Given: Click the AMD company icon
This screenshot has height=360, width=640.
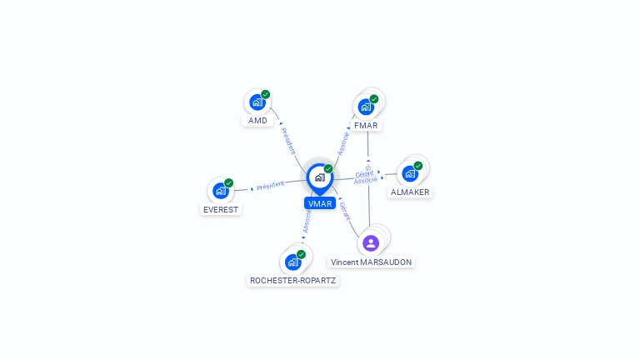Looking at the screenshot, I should tap(257, 102).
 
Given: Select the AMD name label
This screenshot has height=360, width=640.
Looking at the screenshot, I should tap(258, 121).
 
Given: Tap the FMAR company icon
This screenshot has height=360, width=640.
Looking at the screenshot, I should tap(366, 107).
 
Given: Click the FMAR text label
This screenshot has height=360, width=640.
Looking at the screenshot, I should tap(366, 126).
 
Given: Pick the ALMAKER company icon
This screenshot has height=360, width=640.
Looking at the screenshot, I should tap(410, 173).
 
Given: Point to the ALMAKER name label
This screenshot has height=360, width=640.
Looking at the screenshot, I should tap(410, 192).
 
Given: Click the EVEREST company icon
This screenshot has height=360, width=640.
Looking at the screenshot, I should tap(221, 191).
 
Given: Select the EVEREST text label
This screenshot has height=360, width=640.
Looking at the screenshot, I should tap(222, 210).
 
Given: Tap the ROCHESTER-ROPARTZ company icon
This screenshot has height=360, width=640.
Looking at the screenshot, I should tap(293, 262).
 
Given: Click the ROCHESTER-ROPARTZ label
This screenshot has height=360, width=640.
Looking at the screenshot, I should tap(293, 281).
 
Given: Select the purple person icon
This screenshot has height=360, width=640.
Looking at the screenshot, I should tap(371, 243).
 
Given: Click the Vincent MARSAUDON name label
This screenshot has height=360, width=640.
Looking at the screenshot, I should tap(371, 262).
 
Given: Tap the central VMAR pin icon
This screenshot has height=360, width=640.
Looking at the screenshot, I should tap(319, 177).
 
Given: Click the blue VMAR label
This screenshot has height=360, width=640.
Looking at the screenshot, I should tap(320, 203).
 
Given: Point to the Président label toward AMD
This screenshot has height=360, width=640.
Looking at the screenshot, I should tap(288, 141).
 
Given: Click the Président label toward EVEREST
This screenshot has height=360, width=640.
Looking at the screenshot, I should tap(271, 186).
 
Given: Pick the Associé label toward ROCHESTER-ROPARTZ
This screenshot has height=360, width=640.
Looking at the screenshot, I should tap(307, 221).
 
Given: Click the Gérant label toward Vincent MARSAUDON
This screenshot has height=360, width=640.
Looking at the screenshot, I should tap(345, 210).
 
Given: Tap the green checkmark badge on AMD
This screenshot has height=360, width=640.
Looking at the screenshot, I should tap(266, 94).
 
